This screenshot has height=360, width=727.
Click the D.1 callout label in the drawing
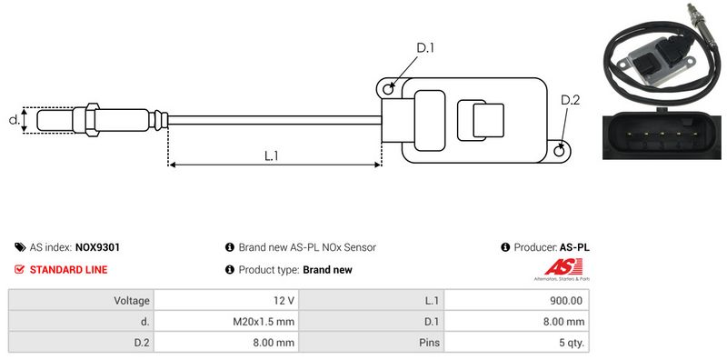tap(424, 48)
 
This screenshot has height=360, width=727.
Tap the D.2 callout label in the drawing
tap(570, 100)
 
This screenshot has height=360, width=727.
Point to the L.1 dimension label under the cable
tap(271, 155)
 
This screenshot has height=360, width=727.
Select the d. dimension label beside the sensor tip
tap(15, 120)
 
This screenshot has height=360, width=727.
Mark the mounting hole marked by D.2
tap(560, 150)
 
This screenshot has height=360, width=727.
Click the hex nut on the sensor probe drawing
tap(92, 120)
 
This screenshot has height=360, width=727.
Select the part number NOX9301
tap(97, 247)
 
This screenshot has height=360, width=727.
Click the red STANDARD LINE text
tap(68, 269)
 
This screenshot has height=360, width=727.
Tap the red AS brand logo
tap(563, 267)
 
